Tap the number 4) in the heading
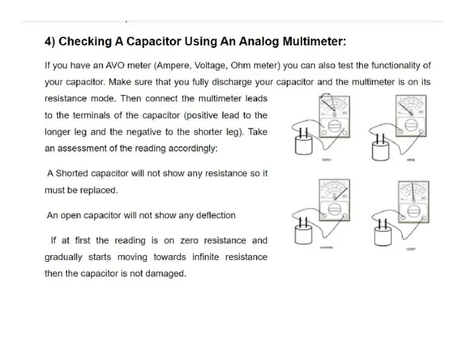[x=50, y=42]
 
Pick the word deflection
[x=214, y=215]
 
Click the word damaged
[x=165, y=273]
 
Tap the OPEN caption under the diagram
[x=411, y=160]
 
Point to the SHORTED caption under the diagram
[x=326, y=248]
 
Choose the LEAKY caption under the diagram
[x=411, y=249]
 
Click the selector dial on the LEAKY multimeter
[x=414, y=211]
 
